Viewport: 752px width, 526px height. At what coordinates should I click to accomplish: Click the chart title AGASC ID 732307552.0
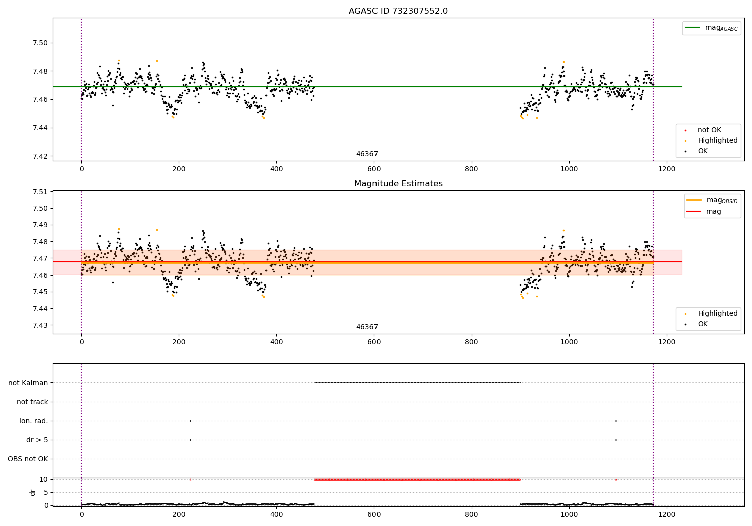(398, 11)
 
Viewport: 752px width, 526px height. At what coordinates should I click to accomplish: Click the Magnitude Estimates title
(398, 184)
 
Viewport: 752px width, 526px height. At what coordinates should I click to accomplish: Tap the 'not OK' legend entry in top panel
(709, 130)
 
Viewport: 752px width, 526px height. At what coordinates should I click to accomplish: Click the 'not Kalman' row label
(28, 383)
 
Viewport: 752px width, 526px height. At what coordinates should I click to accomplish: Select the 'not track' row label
(32, 402)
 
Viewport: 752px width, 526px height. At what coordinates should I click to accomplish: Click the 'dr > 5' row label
(37, 440)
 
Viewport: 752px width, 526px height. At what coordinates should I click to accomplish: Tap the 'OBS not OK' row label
(28, 459)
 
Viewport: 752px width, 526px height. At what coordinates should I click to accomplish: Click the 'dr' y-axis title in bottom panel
(33, 492)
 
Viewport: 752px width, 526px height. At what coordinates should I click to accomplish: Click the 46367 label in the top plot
(367, 154)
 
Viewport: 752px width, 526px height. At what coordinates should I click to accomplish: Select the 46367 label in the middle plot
(367, 327)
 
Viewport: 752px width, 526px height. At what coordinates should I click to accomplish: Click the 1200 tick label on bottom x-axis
(666, 514)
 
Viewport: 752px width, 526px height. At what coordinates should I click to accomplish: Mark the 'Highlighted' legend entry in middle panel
(717, 314)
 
